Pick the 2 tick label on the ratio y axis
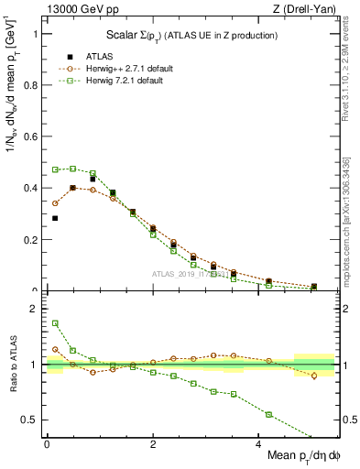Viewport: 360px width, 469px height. pos(33,309)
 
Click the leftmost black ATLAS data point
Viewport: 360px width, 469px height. pos(55,218)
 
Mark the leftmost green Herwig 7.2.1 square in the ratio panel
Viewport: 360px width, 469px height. pos(55,322)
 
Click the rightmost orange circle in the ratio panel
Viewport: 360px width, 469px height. pos(314,376)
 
